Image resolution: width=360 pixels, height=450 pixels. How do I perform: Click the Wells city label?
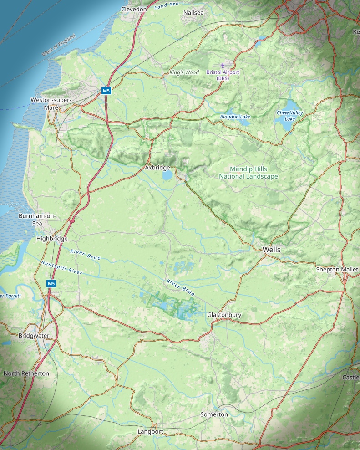[x=272, y=250]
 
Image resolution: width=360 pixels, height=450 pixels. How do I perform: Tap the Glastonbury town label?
[x=224, y=315]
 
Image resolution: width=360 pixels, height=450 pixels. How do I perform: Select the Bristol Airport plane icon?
[x=223, y=66]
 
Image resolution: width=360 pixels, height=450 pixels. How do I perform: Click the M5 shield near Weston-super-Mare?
[x=106, y=91]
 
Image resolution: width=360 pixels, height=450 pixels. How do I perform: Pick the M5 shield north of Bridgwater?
[x=51, y=283]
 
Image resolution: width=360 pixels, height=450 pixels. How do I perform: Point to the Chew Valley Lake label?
[x=290, y=116]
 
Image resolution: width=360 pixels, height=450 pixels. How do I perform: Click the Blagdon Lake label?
[x=235, y=117]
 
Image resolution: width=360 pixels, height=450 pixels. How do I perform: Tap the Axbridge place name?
[x=157, y=168]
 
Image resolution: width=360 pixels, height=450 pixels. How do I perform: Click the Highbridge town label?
[x=52, y=239]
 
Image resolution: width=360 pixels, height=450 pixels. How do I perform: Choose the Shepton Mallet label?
[x=337, y=269]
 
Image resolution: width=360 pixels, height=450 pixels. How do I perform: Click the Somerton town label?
[x=214, y=414]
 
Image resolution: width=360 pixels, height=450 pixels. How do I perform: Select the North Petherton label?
[x=26, y=373]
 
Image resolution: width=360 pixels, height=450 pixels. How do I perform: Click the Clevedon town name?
[x=134, y=9]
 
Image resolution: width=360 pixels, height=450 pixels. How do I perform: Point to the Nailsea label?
[x=193, y=13]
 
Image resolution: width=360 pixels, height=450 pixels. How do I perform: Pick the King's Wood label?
[x=184, y=72]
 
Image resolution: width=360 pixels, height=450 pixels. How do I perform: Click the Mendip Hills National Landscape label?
[x=248, y=173]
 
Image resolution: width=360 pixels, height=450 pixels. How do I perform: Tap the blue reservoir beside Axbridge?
[x=167, y=175]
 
